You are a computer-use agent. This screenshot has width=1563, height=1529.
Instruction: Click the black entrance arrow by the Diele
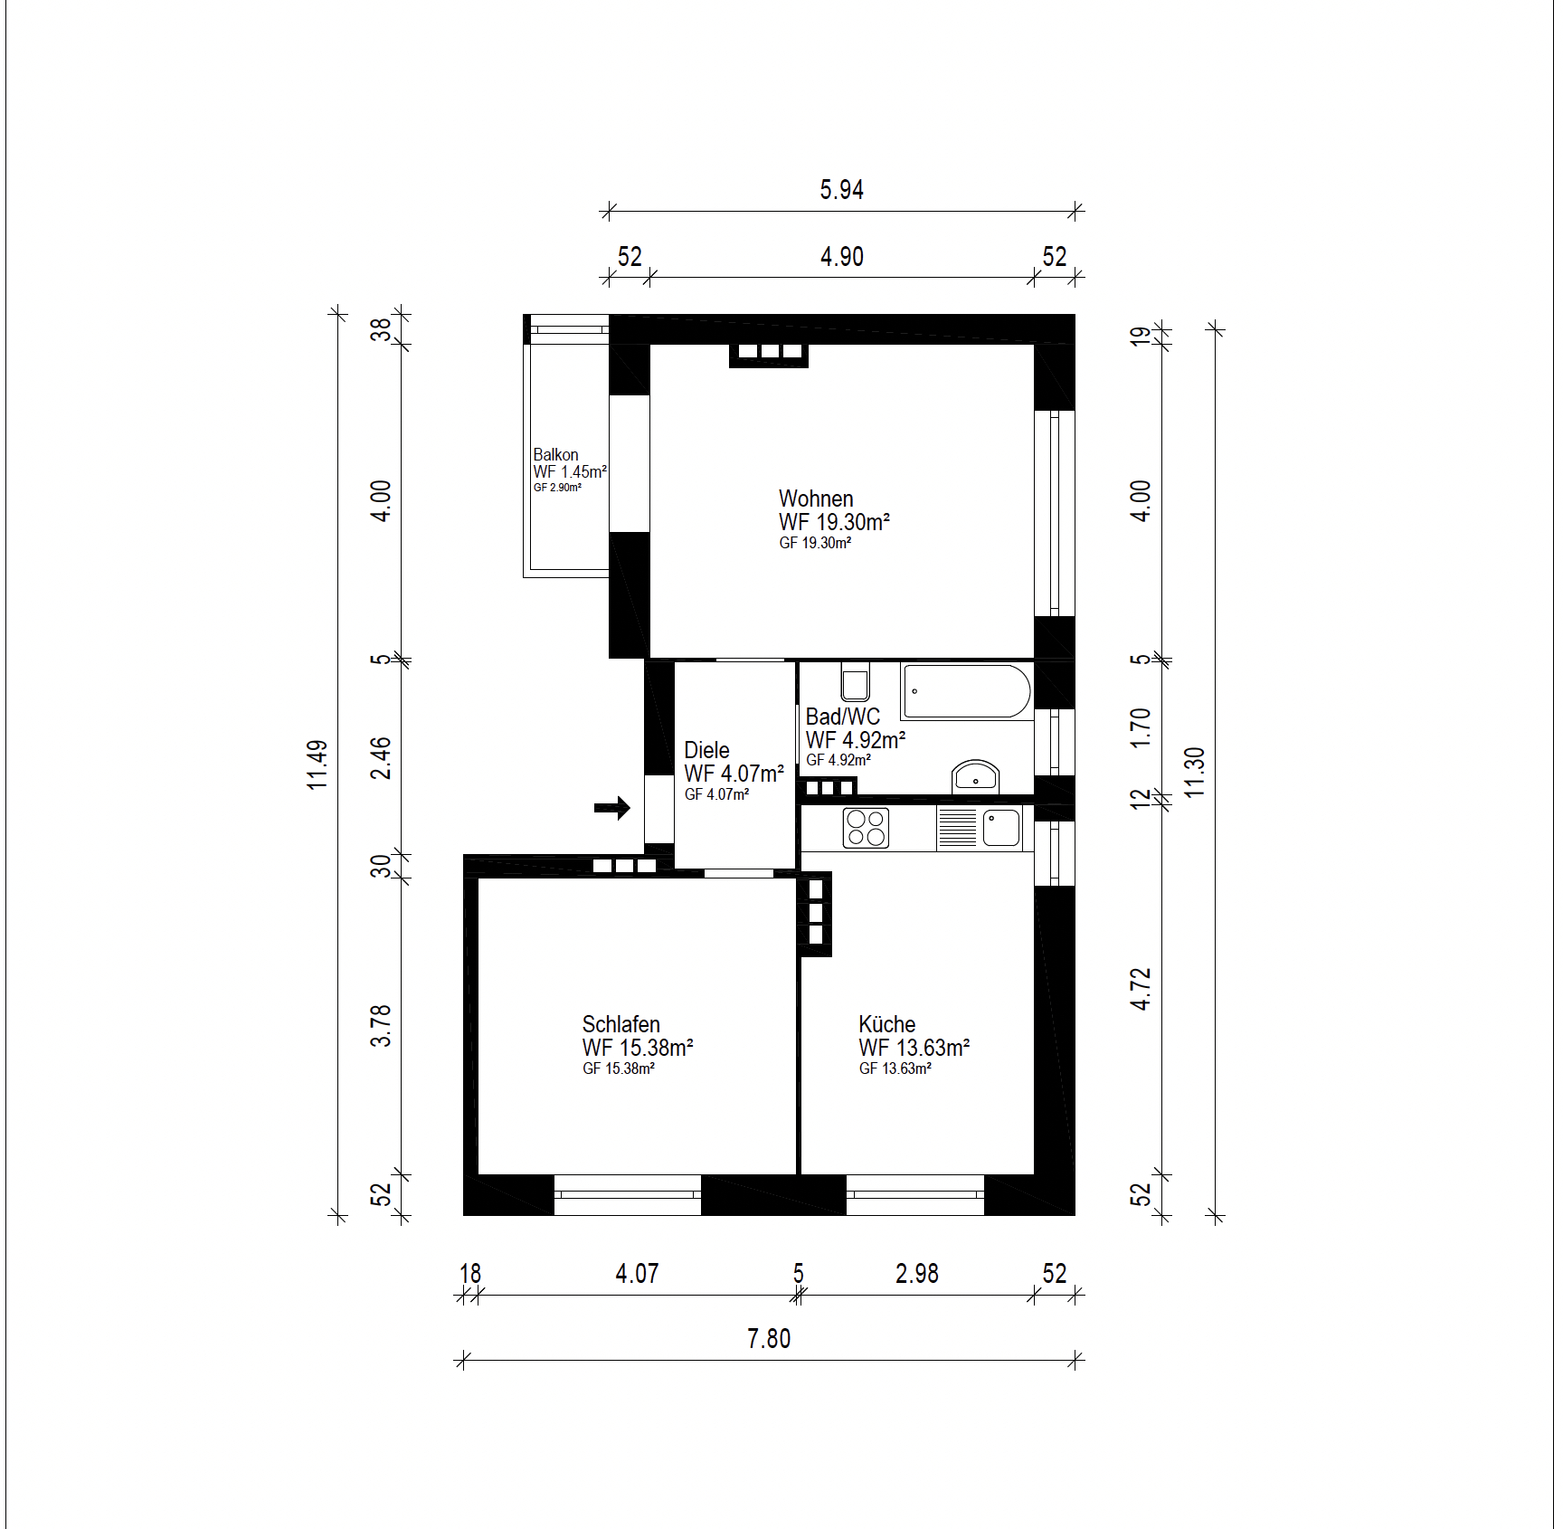click(x=612, y=808)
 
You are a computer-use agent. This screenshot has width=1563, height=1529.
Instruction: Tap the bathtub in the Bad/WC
click(x=967, y=692)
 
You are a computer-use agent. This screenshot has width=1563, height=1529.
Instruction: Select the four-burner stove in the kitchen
click(x=866, y=828)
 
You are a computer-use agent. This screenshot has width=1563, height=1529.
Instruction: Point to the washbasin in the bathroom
click(x=975, y=776)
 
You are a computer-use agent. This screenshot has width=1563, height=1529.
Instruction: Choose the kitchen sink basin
click(x=1001, y=828)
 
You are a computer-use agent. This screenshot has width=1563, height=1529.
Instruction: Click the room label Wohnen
click(x=816, y=499)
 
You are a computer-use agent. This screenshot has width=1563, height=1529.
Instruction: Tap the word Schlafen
click(x=620, y=1024)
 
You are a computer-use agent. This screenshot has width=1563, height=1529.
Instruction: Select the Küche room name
click(x=886, y=1024)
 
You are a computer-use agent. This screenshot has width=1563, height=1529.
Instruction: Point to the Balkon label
click(x=555, y=454)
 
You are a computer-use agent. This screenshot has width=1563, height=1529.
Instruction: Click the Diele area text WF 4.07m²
click(x=734, y=774)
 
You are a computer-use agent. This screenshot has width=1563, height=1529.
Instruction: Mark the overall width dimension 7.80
click(x=769, y=1338)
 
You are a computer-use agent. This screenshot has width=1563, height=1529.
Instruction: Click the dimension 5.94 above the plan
click(x=841, y=190)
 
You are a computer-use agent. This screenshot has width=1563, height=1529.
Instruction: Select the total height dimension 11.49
click(x=317, y=765)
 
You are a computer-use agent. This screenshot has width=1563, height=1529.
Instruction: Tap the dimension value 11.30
click(x=1194, y=772)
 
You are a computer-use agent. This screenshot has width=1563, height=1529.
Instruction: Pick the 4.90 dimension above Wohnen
click(x=841, y=257)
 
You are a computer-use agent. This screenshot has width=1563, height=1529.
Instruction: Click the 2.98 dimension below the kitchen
click(x=916, y=1274)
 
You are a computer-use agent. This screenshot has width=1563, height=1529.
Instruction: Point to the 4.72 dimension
click(x=1141, y=989)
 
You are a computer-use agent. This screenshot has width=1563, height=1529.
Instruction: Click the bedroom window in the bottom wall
click(x=628, y=1194)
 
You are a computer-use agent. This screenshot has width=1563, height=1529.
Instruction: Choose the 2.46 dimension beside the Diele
click(x=381, y=758)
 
